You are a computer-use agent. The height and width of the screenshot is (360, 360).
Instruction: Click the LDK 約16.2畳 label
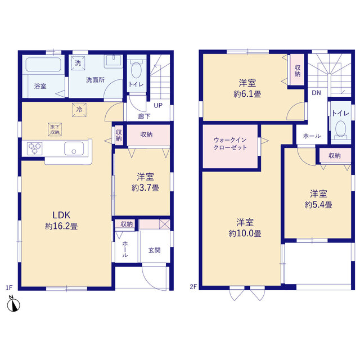61,220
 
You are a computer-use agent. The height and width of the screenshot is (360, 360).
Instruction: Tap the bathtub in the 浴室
43,65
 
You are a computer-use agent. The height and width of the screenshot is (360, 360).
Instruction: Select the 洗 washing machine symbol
78,63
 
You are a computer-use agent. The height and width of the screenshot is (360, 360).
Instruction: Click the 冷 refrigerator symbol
79,110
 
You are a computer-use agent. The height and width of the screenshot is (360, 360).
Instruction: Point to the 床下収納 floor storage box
55,129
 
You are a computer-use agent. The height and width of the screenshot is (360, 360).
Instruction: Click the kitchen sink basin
74,148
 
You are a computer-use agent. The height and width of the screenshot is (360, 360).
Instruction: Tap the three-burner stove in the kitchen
35,148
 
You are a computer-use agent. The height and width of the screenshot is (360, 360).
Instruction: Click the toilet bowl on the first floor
137,70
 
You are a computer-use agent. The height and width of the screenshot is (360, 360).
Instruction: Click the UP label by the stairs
158,105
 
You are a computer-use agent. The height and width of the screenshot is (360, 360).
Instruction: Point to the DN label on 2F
316,93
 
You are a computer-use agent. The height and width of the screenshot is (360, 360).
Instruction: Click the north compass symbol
13,304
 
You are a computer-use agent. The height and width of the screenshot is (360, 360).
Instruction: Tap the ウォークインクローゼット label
230,144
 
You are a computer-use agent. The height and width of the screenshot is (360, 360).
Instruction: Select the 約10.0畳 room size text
245,234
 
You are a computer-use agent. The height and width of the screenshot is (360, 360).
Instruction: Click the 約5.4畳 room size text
318,205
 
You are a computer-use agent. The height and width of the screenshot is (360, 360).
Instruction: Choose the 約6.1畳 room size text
247,94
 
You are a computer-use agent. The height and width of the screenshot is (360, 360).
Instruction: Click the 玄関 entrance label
154,250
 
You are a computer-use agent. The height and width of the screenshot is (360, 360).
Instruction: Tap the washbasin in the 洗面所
114,61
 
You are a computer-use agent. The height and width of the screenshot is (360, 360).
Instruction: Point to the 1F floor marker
9,287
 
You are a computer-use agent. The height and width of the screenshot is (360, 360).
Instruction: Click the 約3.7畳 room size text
145,188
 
